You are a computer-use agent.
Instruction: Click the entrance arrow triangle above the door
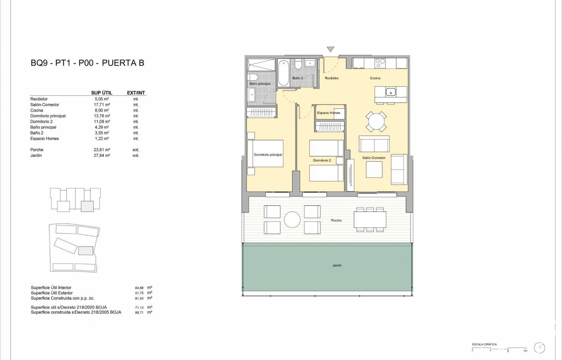click(331, 49)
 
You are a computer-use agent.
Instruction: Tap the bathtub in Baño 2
click(283, 73)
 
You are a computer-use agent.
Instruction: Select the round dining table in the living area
click(376, 122)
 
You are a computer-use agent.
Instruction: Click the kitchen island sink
click(391, 92)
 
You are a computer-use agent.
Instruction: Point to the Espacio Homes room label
click(328, 113)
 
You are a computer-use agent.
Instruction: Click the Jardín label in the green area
click(337, 265)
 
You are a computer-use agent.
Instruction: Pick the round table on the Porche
click(292, 220)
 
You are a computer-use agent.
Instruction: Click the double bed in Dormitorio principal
click(265, 153)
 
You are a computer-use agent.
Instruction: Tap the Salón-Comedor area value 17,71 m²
click(102, 105)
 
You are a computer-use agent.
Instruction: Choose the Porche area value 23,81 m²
click(102, 150)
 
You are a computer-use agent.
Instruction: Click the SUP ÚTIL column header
click(102, 92)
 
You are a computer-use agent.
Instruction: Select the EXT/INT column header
click(136, 92)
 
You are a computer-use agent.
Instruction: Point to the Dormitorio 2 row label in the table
click(41, 122)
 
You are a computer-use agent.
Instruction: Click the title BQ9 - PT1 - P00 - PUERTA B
click(87, 63)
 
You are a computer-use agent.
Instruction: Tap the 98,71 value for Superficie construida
click(139, 313)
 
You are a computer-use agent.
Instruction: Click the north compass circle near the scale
click(540, 348)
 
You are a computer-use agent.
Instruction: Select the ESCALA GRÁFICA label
click(484, 344)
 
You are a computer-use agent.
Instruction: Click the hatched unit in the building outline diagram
click(87, 206)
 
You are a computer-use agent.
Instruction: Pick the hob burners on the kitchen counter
click(380, 63)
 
